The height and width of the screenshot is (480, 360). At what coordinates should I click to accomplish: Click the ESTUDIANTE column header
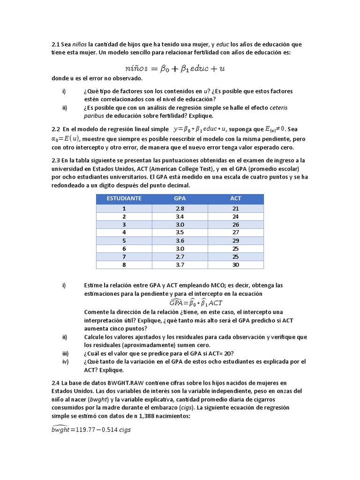pos(124,198)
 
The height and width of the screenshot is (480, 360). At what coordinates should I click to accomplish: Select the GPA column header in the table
pos(180,198)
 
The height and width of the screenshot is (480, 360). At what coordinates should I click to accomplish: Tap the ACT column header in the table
pos(235,198)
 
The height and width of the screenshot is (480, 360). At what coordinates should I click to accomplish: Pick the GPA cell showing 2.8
pos(180,209)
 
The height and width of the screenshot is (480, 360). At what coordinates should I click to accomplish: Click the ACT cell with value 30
pos(235,265)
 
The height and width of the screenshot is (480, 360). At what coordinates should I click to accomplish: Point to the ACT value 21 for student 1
pos(235,209)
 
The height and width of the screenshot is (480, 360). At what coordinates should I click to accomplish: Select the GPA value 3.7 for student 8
pos(180,265)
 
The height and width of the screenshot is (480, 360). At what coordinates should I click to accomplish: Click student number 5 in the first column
pos(124,241)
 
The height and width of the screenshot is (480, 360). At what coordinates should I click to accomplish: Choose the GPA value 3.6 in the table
pos(180,241)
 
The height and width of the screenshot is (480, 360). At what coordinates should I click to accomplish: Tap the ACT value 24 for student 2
pos(235,217)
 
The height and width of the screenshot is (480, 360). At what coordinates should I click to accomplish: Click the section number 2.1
pos(56,45)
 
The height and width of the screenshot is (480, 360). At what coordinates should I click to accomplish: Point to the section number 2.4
pos(56,382)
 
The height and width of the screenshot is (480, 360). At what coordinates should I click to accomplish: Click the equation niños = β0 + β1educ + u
pos(180,68)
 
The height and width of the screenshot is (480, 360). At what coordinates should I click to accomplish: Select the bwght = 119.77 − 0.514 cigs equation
pos(91,429)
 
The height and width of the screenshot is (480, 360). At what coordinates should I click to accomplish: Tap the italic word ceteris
pos(279,107)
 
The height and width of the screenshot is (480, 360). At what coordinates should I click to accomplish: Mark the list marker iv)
pos(65,362)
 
